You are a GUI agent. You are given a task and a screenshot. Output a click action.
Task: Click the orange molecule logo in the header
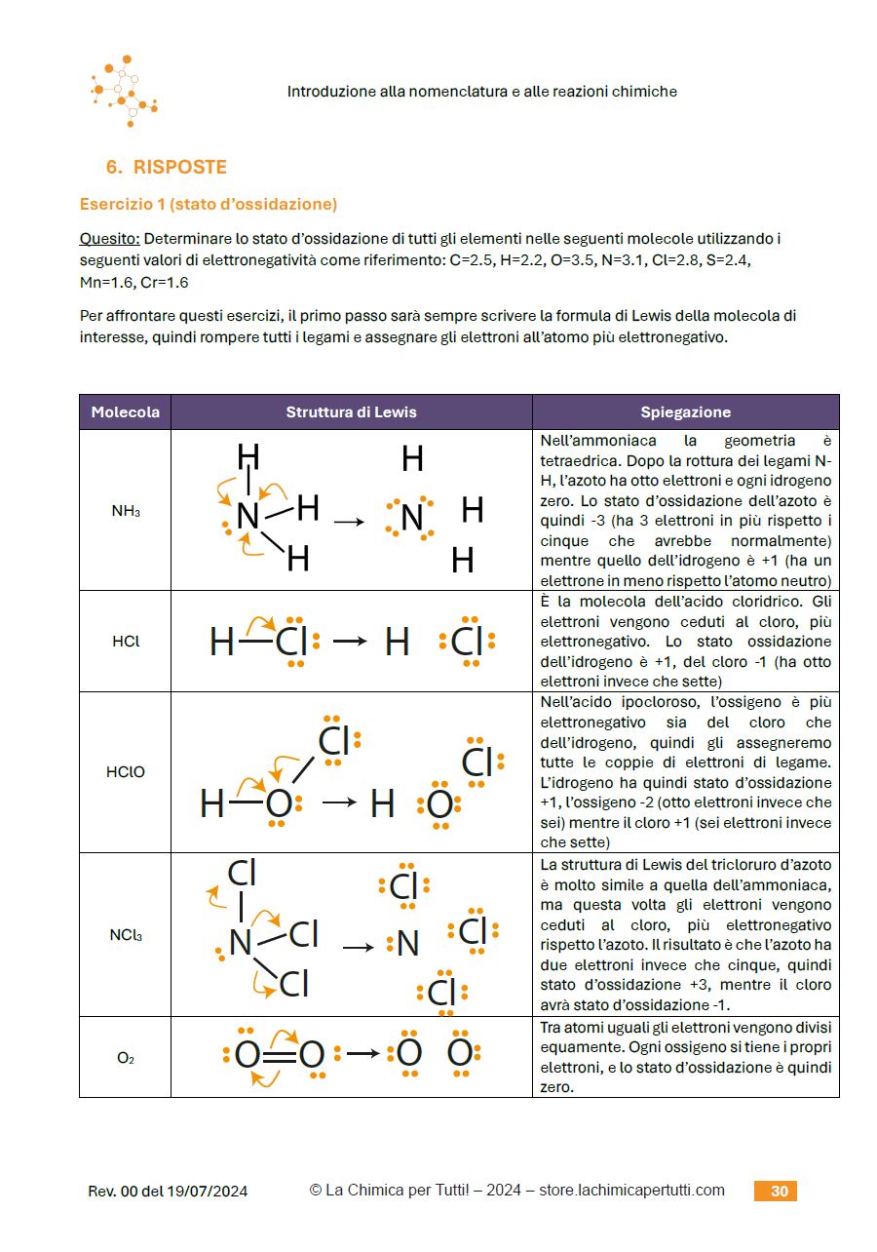(125, 91)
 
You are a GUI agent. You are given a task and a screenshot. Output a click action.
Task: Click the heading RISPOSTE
(179, 167)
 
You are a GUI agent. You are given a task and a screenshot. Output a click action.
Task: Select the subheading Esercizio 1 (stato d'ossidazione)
(209, 204)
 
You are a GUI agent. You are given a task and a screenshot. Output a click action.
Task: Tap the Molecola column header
(125, 411)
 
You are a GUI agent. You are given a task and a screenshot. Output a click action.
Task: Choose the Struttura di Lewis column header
(351, 411)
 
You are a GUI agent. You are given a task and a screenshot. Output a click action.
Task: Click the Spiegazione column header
(685, 411)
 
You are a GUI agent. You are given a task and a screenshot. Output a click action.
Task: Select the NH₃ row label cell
(125, 510)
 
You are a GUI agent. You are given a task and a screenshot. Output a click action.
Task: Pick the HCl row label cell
(125, 642)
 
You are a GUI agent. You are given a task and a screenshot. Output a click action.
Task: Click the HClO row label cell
(125, 772)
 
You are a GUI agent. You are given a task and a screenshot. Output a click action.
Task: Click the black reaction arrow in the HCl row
(349, 642)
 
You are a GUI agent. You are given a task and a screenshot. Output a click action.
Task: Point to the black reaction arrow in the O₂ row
(362, 1053)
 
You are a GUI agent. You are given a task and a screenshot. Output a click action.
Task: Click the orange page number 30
(779, 1191)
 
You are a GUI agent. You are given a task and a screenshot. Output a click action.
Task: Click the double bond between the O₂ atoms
(279, 1054)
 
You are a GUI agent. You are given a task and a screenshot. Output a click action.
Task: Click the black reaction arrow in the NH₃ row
(348, 522)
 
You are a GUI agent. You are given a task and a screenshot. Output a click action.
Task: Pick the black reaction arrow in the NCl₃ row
(358, 946)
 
